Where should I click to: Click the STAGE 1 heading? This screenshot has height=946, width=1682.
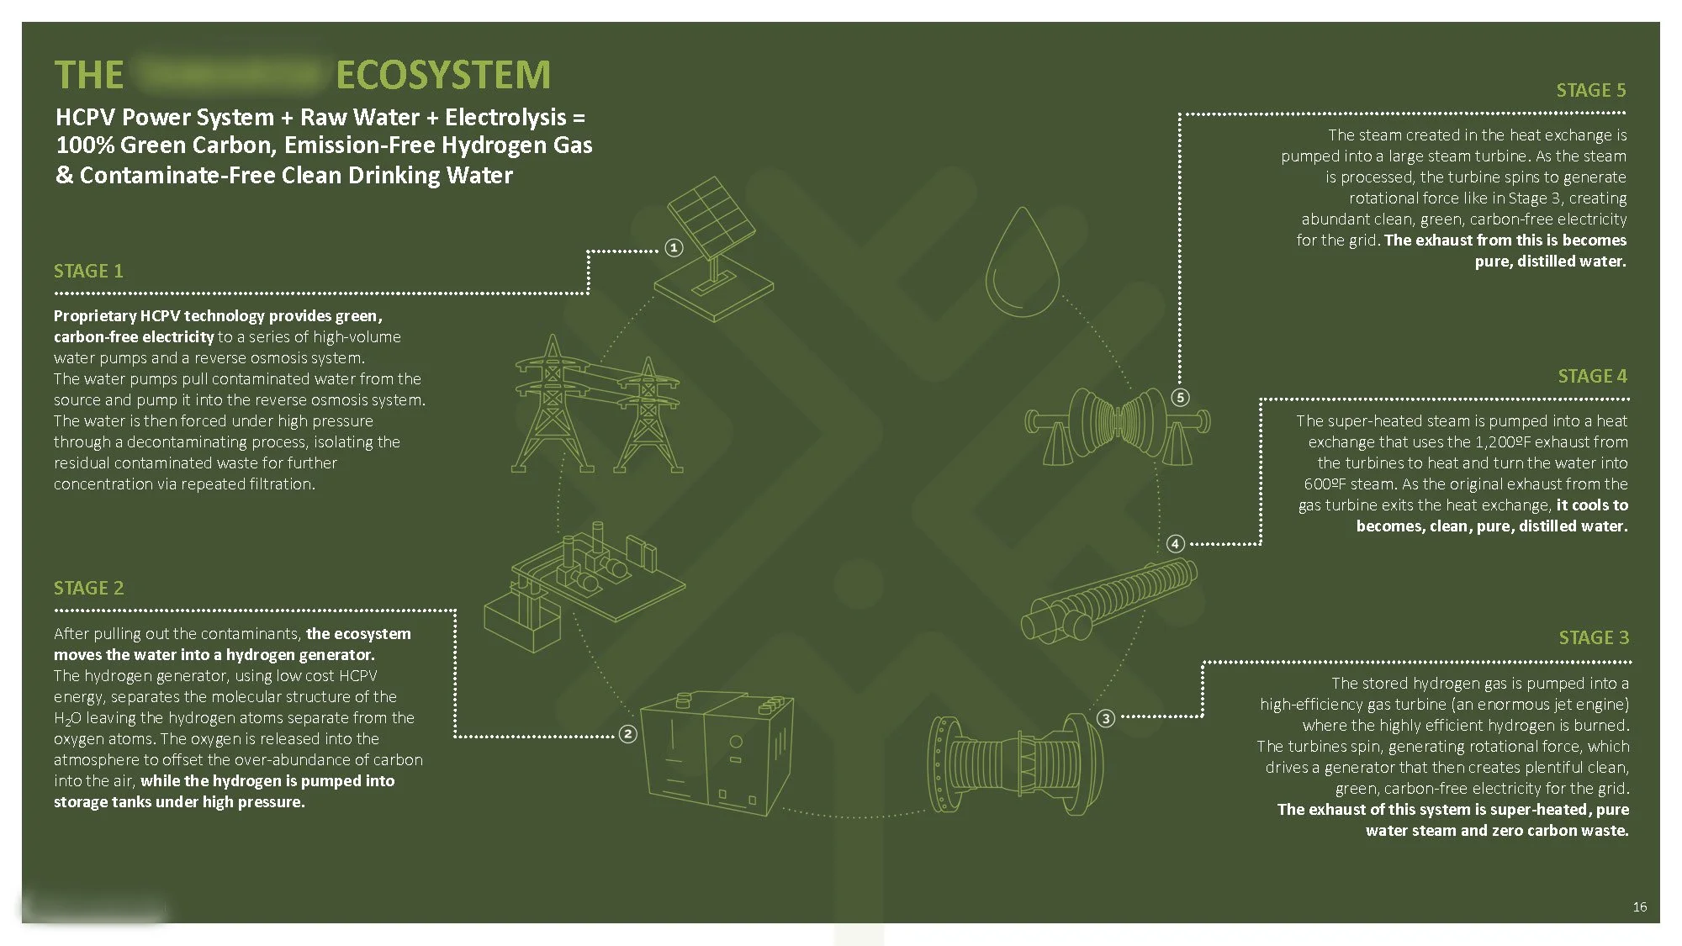point(88,271)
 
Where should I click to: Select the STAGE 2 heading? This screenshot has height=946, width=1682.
point(88,588)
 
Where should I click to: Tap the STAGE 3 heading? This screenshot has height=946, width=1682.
point(1593,637)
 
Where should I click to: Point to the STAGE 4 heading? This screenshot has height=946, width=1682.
point(1592,376)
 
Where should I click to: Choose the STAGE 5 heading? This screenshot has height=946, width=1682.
point(1590,90)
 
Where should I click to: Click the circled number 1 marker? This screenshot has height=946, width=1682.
point(674,248)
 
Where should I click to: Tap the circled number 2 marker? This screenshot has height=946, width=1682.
point(627,734)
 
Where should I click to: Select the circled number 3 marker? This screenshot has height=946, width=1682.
point(1106,718)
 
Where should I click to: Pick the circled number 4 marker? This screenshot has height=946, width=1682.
point(1176,544)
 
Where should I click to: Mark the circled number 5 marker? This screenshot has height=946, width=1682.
point(1181,397)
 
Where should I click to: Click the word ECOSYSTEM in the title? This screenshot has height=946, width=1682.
point(442,75)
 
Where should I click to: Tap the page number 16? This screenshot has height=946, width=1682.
point(1639,906)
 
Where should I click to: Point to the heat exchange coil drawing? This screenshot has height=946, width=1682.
point(1108,600)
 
